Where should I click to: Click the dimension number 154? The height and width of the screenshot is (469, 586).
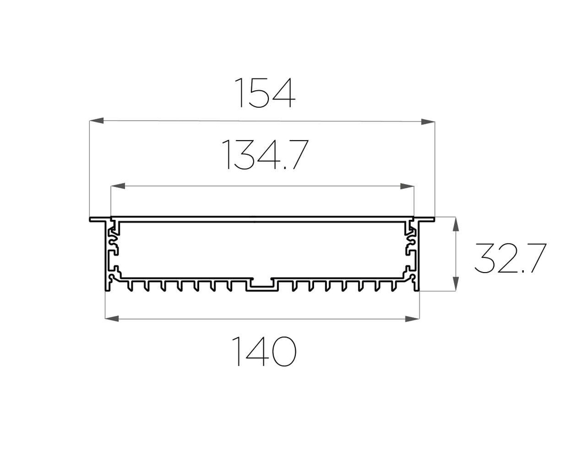[265, 93]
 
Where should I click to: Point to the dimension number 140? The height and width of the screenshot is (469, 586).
[265, 351]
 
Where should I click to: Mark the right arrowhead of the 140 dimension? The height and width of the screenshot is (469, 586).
[413, 319]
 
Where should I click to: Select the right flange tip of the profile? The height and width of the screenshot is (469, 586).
[433, 219]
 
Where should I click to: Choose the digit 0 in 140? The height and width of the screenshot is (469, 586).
[282, 351]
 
